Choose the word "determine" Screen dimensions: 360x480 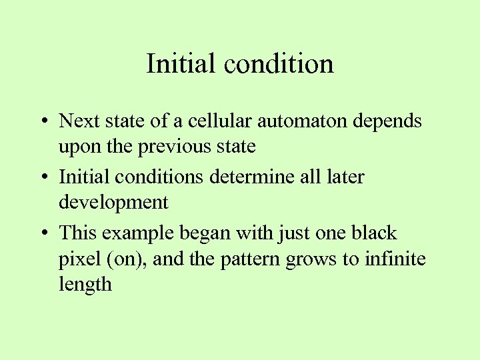coord(245,177)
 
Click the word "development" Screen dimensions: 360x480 coord(113,202)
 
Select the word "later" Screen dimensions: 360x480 coord(345,177)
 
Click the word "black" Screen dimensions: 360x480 coord(372,233)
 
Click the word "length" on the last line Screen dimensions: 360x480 coord(85,285)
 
